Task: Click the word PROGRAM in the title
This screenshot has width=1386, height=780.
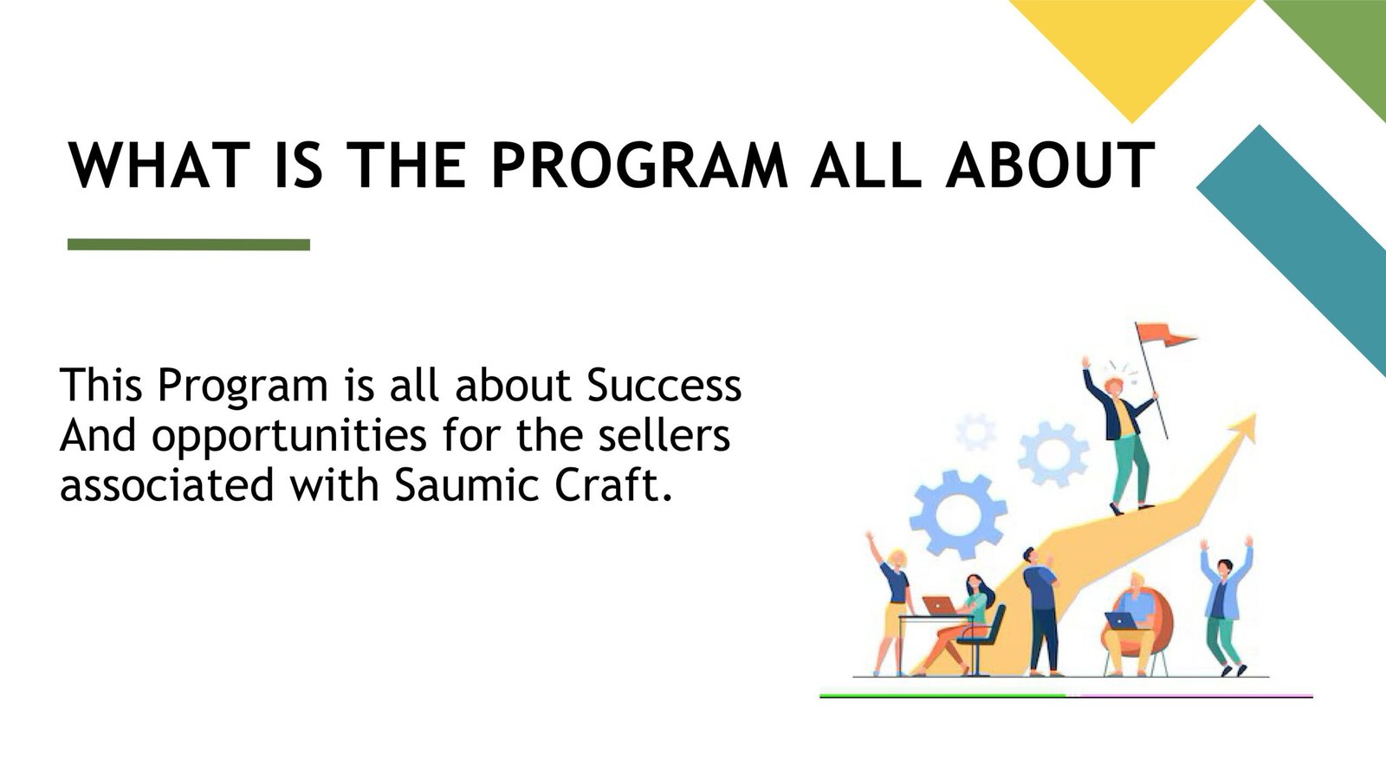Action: pyautogui.click(x=640, y=165)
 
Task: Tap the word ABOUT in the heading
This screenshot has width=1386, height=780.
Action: pyautogui.click(x=1051, y=165)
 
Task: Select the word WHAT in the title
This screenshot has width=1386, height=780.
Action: pyautogui.click(x=159, y=165)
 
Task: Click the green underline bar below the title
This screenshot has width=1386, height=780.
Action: pyautogui.click(x=189, y=244)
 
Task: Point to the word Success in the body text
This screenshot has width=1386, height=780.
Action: pyautogui.click(x=664, y=385)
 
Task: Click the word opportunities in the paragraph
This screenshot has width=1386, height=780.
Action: pyautogui.click(x=289, y=437)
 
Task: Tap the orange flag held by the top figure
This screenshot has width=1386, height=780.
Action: pyautogui.click(x=1163, y=335)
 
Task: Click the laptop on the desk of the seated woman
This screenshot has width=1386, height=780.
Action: pyautogui.click(x=939, y=605)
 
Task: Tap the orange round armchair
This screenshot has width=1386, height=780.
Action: pyautogui.click(x=1138, y=625)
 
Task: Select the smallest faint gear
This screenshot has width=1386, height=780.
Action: pyautogui.click(x=975, y=432)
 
